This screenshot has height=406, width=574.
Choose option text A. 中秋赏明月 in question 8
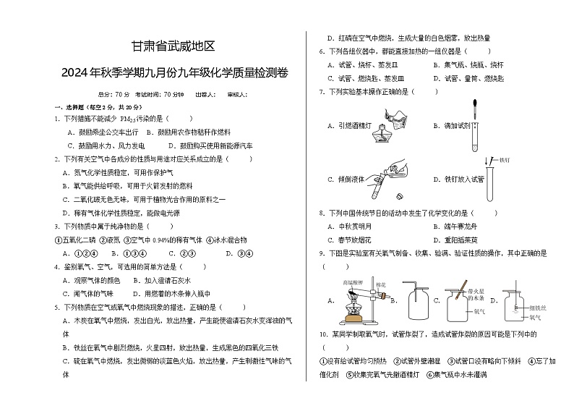pyautogui.click(x=351, y=227)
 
